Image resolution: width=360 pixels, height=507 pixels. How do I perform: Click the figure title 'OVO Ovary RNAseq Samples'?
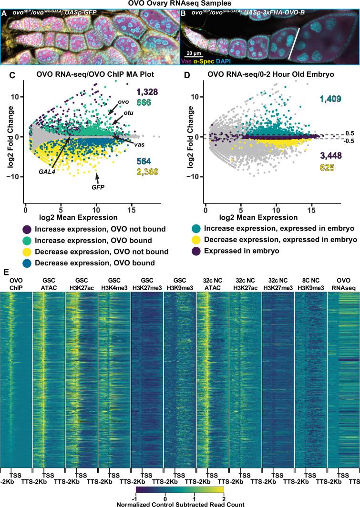(x=180, y=4)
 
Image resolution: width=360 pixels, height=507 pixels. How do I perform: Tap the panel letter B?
(x=185, y=14)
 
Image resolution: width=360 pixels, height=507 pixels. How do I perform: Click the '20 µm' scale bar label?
(x=194, y=52)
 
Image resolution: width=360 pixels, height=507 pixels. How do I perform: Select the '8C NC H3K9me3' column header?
(x=310, y=282)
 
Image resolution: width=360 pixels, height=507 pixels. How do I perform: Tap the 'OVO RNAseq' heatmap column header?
(x=343, y=282)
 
